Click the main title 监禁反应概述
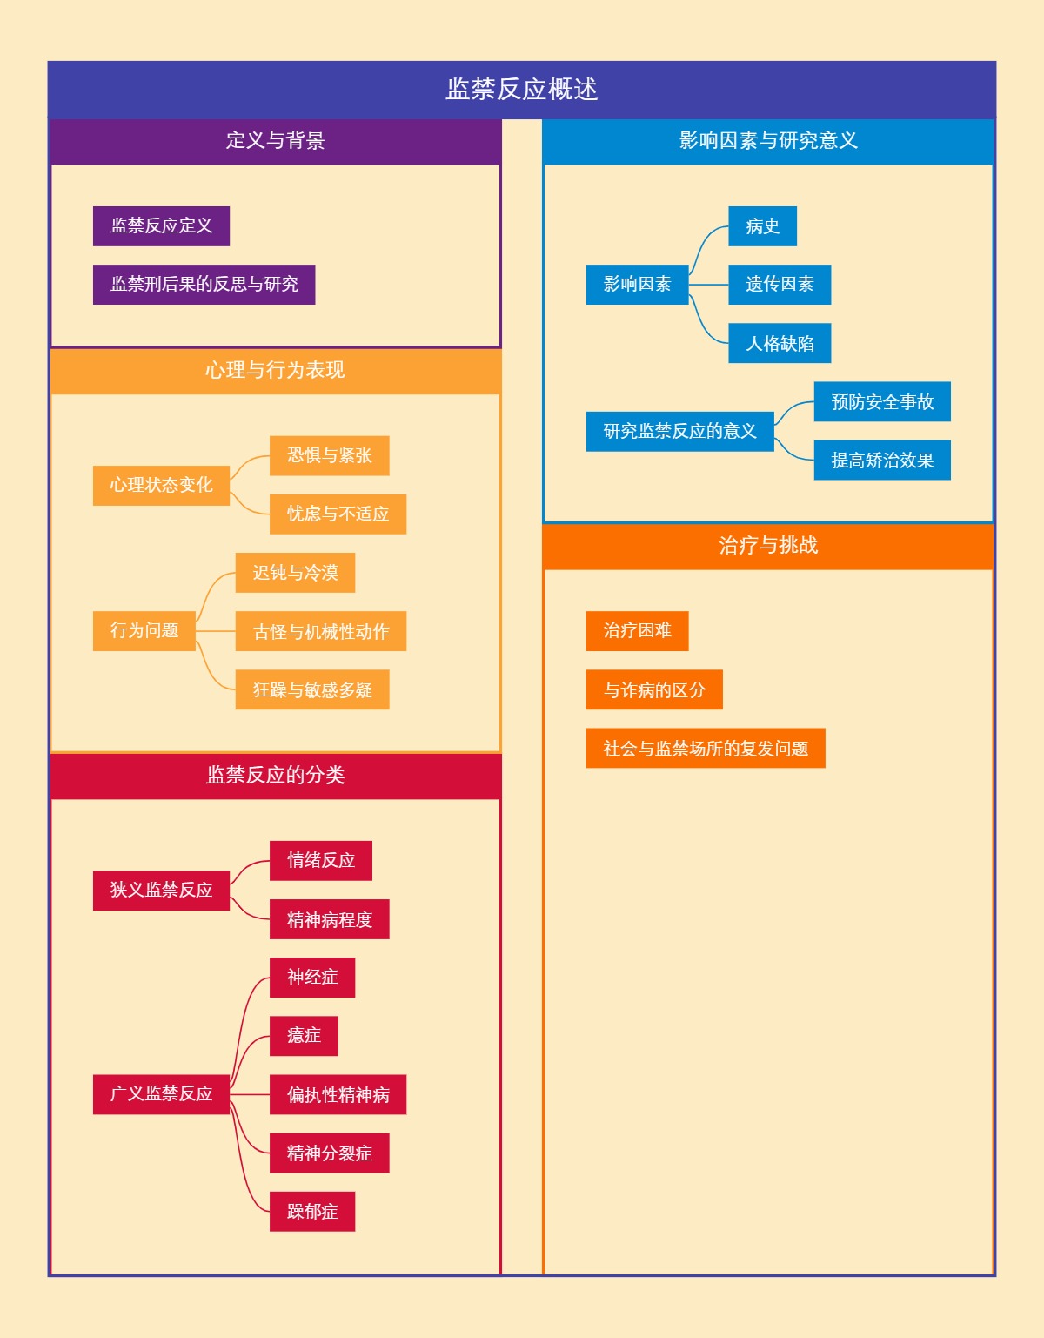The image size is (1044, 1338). tap(522, 90)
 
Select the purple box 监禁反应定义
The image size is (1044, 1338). tap(161, 226)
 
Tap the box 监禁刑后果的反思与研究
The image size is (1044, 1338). tap(204, 285)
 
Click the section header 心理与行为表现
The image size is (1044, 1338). tap(275, 371)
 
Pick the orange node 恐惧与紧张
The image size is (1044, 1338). tap(329, 456)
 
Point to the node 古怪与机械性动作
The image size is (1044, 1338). tap(320, 632)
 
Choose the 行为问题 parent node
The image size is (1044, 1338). tap(144, 631)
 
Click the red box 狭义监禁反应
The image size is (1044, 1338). tap(161, 891)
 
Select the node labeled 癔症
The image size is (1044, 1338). tap(304, 1036)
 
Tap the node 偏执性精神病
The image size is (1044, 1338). tap(338, 1095)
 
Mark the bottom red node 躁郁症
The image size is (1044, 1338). tap(311, 1212)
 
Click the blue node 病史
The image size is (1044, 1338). tap(762, 227)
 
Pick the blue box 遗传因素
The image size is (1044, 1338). tap(779, 285)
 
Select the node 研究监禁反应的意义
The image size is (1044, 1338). tap(679, 432)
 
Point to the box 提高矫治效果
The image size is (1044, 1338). tap(881, 461)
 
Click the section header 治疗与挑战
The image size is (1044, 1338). tap(768, 546)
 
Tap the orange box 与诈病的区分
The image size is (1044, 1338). tap(654, 690)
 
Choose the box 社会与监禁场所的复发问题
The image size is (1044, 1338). tap(705, 749)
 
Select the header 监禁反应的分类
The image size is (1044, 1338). tap(275, 776)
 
